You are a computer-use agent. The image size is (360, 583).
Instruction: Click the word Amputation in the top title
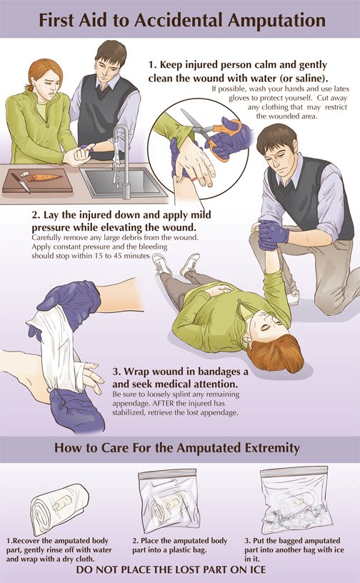coord(276,21)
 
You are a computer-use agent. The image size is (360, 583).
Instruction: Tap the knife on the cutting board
coord(21,183)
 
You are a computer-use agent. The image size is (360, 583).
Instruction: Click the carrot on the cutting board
coord(44,177)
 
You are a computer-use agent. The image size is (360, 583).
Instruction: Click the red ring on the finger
coord(195,179)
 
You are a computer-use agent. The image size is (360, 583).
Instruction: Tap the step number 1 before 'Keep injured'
coord(151,65)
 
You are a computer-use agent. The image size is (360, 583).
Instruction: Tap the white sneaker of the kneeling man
coord(294,297)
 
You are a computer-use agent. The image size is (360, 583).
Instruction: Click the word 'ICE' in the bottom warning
coord(255,570)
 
